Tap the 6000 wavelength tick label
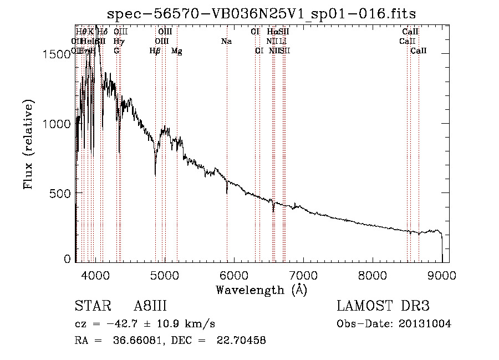234,274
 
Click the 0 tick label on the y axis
68,258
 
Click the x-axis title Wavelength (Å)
261,290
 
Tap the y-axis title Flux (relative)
29,144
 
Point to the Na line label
226,42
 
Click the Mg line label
177,51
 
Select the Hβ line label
155,51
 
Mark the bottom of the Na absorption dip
227,192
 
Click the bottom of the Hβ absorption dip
155,174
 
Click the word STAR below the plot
89,306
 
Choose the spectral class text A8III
150,306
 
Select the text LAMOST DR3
383,306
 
